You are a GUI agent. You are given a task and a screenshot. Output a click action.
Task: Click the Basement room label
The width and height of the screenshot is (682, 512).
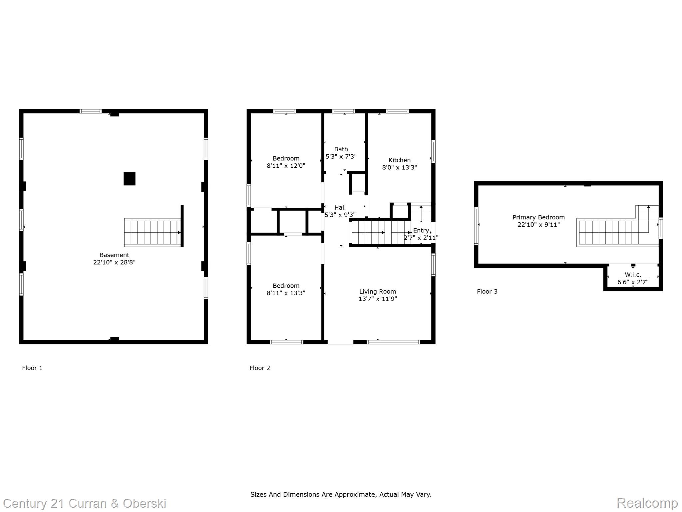point(114,255)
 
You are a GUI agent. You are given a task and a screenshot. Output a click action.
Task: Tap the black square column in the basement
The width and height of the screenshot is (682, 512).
point(130,179)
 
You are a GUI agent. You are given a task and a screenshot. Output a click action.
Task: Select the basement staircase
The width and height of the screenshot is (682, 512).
point(153,232)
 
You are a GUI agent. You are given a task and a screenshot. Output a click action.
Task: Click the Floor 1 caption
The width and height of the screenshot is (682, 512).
point(32,368)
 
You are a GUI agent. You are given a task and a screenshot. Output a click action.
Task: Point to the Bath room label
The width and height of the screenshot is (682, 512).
point(341,149)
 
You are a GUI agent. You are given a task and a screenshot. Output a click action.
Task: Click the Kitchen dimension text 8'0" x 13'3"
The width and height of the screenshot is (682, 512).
point(399,167)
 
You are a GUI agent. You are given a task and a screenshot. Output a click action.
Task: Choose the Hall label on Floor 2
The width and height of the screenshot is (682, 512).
point(340,208)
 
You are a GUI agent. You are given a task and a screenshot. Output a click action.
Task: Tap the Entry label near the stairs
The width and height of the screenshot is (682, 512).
point(421,231)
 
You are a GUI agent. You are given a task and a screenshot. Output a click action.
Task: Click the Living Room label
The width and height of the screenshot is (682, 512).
point(377,292)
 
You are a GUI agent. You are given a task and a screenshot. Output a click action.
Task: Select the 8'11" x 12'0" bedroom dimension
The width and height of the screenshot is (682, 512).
point(286,166)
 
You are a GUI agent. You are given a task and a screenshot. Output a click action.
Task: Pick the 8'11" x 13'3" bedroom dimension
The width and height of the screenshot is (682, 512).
point(286,293)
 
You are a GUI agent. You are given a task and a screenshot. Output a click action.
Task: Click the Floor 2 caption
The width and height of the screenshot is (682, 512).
point(260,368)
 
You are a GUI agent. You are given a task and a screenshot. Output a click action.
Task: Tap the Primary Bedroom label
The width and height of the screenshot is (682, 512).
point(538,217)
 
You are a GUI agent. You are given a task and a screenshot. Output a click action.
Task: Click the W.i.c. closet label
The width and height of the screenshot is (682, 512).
point(633,275)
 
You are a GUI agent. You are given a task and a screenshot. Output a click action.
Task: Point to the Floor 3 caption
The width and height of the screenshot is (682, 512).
point(487,292)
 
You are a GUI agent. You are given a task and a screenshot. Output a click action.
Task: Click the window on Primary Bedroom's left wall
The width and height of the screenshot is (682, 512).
point(476,226)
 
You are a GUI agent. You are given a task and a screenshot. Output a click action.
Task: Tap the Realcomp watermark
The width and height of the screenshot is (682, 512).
point(647,503)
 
